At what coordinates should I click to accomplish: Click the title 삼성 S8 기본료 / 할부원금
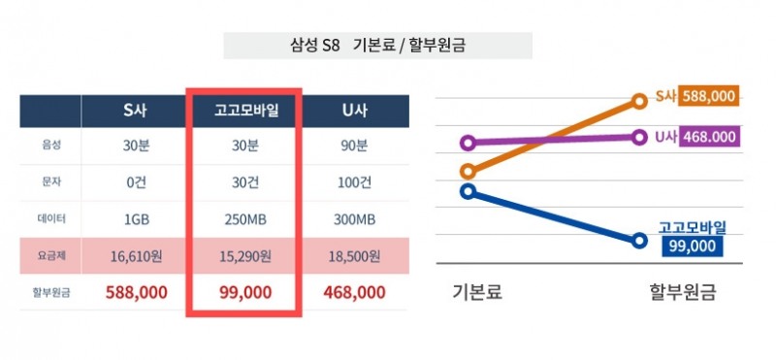tap(378, 46)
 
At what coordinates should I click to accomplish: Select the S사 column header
tap(134, 111)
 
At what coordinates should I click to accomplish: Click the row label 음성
tap(51, 147)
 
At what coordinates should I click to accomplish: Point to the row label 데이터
tap(51, 219)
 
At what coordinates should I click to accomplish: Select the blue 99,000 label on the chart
tap(693, 246)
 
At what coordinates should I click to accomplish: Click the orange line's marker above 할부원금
tap(639, 99)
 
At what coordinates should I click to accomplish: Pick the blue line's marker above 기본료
tap(469, 191)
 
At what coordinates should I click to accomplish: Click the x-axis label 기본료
tap(477, 291)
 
